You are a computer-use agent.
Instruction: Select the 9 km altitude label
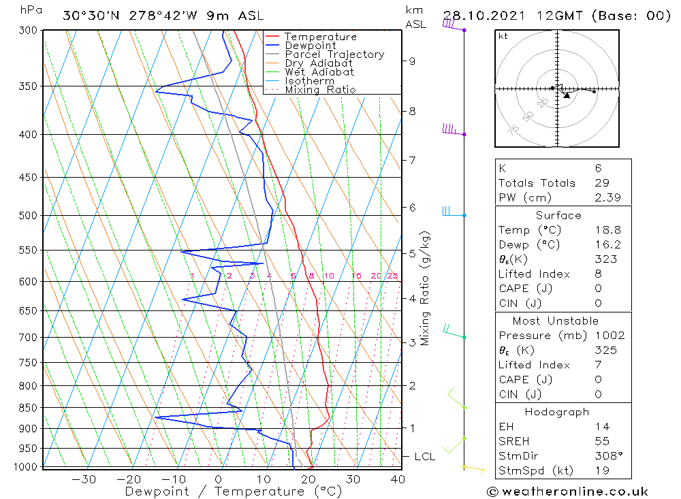(x=412, y=61)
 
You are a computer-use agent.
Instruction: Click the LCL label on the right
(x=424, y=456)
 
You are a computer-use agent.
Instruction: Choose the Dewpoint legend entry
(x=310, y=46)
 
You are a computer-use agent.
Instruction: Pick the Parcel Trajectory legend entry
(x=334, y=54)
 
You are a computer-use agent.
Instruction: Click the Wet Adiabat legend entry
(x=319, y=72)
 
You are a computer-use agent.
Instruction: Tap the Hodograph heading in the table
(x=557, y=412)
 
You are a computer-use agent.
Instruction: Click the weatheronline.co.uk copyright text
(x=567, y=492)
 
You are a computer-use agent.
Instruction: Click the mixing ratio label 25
(x=392, y=276)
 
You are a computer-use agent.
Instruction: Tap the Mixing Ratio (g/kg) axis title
(x=426, y=288)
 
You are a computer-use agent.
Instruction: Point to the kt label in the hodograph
(x=503, y=36)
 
